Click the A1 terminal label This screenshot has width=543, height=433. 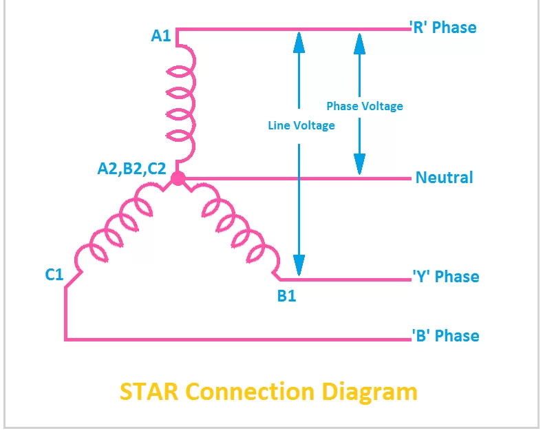point(161,35)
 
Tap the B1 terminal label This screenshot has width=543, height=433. point(286,297)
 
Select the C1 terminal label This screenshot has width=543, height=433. point(54,275)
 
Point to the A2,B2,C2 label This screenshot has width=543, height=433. point(131,167)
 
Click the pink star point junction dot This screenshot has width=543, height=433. point(178,179)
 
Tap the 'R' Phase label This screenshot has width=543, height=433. point(443,28)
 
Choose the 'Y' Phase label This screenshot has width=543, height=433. point(445,277)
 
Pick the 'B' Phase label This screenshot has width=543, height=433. point(445,336)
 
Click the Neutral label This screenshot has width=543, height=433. point(444,178)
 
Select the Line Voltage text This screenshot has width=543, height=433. point(301,125)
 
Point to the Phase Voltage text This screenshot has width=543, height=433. point(364,106)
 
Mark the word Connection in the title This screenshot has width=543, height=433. point(250,391)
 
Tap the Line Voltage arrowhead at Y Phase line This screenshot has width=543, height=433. point(299,265)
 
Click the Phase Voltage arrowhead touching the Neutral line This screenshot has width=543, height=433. point(359,164)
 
